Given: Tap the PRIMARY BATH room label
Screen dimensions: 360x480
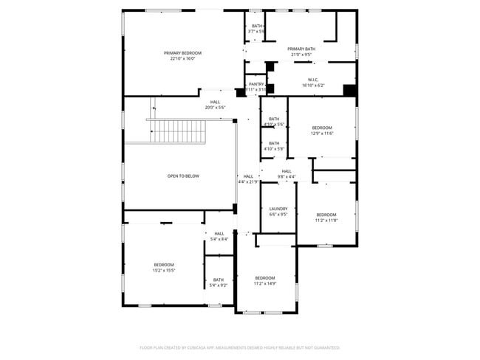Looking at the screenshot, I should [301, 49].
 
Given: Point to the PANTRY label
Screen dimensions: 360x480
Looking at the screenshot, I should [256, 84].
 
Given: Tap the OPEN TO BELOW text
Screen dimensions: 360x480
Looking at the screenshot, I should [182, 176].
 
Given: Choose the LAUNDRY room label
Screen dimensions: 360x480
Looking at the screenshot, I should [278, 209].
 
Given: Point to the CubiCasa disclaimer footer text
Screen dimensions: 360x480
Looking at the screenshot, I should [239, 347].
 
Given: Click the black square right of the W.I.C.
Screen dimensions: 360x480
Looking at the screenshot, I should [349, 90].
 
